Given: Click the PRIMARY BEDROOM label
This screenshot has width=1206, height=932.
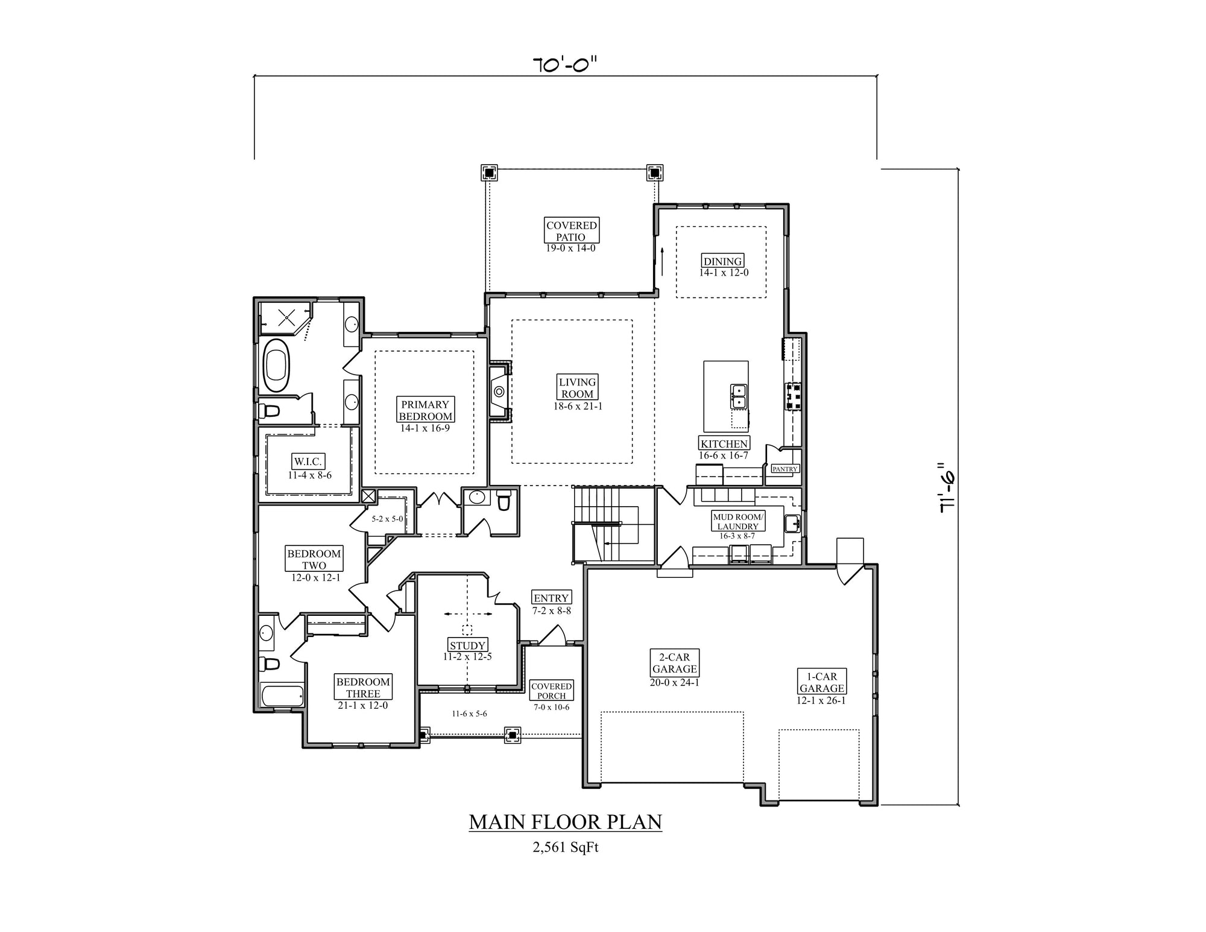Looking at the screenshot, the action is coord(426,410).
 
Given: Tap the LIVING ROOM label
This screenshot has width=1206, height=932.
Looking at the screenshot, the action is coord(578,387).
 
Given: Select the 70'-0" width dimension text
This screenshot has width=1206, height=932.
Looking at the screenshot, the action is coord(564,64).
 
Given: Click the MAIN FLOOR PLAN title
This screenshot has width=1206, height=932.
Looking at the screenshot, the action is coord(566,822).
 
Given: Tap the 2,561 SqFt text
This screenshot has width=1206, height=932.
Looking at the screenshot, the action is coord(566,848).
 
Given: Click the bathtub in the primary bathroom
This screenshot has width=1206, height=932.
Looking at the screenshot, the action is coord(277,366).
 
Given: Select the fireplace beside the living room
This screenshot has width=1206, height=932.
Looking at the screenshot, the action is coord(499,392).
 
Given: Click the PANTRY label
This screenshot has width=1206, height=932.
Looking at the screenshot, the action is coord(785,469).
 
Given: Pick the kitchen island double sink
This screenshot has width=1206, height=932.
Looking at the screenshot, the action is coord(739,396).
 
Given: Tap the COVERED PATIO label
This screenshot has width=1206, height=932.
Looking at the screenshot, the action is coord(572,231).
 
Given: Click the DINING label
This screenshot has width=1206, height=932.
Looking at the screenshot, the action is coord(722,261).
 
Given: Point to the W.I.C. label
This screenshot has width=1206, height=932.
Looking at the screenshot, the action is coord(309,462).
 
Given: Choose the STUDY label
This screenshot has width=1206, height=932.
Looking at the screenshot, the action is coord(467,645).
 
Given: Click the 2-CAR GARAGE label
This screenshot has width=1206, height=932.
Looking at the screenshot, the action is coord(674,663).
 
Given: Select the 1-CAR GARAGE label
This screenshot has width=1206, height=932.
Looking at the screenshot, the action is coord(821,682).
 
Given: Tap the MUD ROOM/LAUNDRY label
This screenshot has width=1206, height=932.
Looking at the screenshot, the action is coord(738,522).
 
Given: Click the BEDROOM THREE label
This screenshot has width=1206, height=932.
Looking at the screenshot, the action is coord(363,688).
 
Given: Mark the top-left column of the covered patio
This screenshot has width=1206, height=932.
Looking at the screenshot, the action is coord(488,173).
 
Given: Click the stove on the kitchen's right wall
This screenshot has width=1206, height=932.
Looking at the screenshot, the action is coord(792,396).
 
